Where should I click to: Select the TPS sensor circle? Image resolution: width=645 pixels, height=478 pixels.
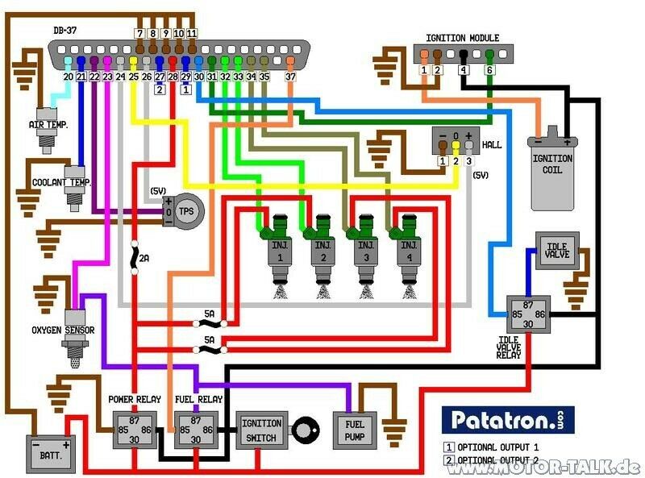pyautogui.click(x=186, y=210)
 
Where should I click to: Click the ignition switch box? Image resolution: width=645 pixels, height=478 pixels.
pyautogui.click(x=262, y=430)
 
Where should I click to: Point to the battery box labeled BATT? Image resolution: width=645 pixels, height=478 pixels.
pyautogui.click(x=49, y=454)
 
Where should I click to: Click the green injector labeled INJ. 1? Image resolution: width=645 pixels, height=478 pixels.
pyautogui.click(x=278, y=245)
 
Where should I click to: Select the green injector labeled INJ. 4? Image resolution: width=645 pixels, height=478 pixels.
pyautogui.click(x=409, y=245)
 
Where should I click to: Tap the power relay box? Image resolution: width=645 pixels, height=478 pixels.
pyautogui.click(x=135, y=428)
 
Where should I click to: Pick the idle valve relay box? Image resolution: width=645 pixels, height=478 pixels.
pyautogui.click(x=527, y=312)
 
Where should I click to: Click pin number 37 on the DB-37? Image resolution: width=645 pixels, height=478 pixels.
pyautogui.click(x=291, y=77)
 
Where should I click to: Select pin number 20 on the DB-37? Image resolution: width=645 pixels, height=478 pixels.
pyautogui.click(x=69, y=77)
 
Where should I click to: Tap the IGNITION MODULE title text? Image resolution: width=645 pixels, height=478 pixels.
pyautogui.click(x=462, y=37)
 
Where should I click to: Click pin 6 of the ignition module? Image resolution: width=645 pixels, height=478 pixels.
pyautogui.click(x=489, y=70)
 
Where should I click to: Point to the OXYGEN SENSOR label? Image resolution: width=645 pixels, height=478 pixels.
pyautogui.click(x=63, y=330)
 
